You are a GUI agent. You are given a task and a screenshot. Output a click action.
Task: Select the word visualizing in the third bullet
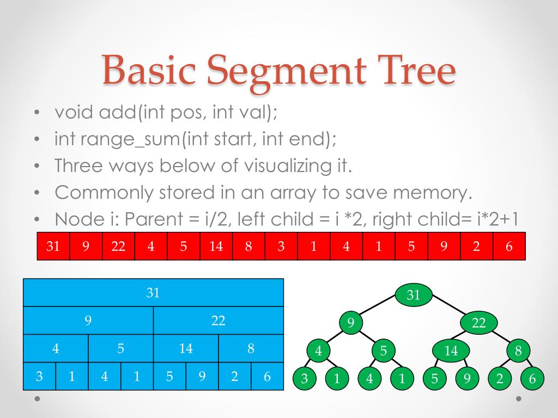[295, 166]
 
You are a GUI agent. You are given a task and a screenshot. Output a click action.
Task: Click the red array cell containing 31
[53, 246]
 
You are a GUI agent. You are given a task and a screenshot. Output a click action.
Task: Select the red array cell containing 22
[118, 246]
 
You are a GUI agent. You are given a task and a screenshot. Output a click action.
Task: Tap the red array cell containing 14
[216, 246]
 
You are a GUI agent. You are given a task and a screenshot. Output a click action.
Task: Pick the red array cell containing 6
[509, 246]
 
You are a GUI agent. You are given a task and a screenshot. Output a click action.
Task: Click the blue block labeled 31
[153, 293]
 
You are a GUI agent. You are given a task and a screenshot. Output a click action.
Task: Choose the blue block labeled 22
[219, 321]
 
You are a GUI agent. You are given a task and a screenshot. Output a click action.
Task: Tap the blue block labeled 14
[186, 348]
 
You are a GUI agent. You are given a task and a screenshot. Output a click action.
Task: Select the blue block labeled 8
[251, 348]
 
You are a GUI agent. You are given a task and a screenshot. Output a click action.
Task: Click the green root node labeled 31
[414, 295]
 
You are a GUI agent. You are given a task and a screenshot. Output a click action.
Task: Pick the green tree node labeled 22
[478, 323]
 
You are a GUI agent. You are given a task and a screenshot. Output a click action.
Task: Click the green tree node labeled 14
[451, 351]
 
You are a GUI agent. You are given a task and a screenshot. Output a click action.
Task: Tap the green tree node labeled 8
[518, 351]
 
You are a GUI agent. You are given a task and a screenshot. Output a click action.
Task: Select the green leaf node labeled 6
[532, 379]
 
